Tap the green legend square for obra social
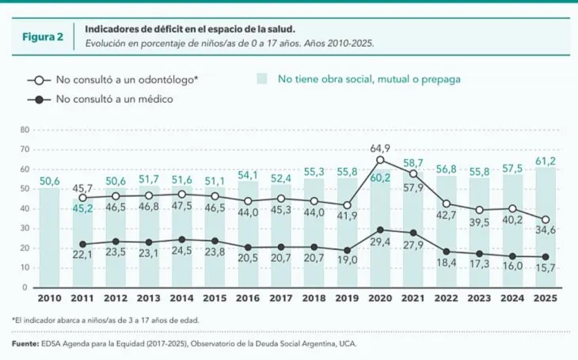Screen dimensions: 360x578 (262, 79)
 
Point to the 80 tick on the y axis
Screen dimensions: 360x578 (24, 129)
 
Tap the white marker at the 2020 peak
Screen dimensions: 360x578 (380, 160)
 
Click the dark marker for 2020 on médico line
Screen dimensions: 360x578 (380, 229)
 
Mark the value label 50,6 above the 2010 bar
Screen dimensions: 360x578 (49, 181)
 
